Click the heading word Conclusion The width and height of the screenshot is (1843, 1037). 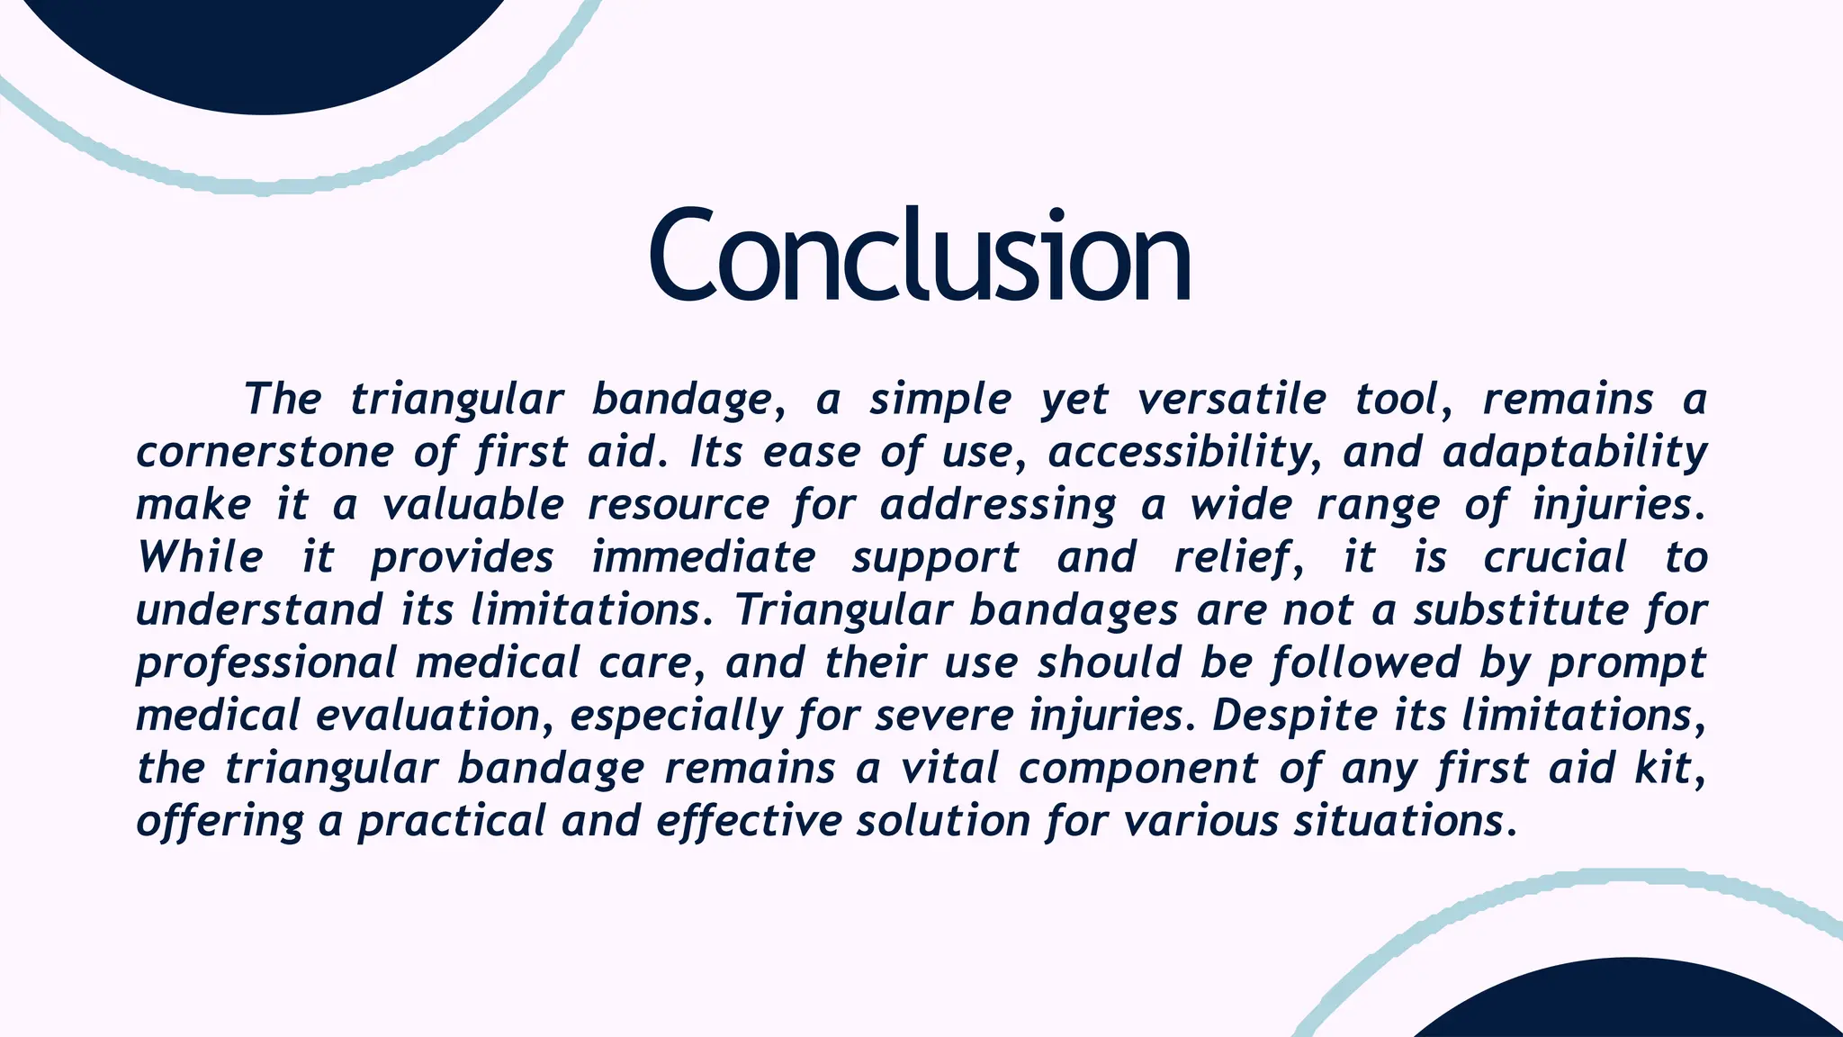point(920,257)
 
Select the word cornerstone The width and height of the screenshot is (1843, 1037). point(264,453)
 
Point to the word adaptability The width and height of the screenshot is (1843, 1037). point(1574,453)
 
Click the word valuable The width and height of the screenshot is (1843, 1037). point(473,505)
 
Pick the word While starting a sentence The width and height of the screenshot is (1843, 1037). point(200,558)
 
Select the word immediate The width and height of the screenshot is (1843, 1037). point(703,558)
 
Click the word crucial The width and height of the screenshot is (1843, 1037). point(1555,558)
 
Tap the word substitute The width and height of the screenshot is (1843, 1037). point(1521,610)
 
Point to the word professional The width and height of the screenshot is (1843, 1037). point(265,663)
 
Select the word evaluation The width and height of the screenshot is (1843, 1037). point(427,717)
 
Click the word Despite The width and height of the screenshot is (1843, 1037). point(1294,717)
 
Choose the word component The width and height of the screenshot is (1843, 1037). point(1137,769)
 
